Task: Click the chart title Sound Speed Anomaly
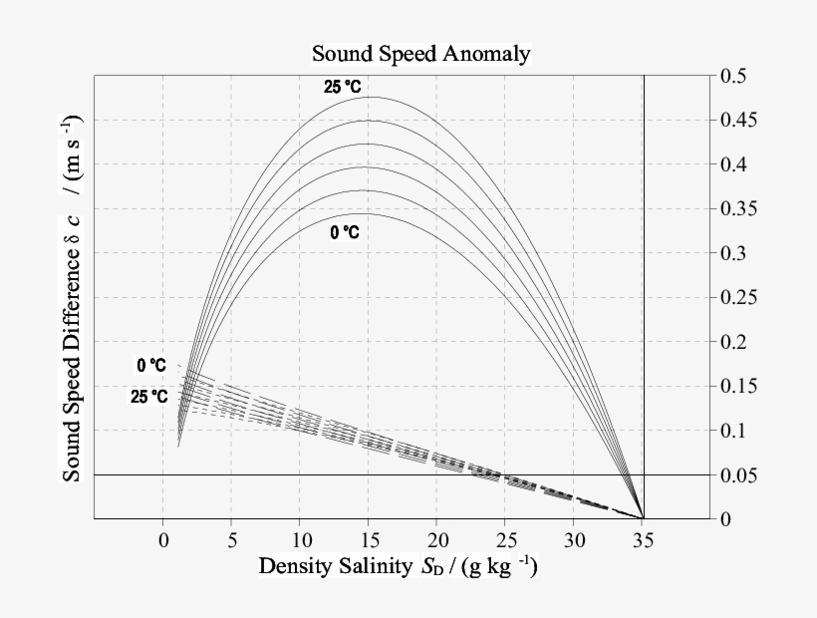(419, 53)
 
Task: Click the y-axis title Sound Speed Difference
(73, 298)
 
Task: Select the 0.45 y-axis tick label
(737, 121)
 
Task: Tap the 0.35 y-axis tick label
(737, 209)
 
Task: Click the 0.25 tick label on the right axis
(737, 298)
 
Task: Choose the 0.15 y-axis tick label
(737, 386)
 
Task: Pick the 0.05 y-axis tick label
(737, 474)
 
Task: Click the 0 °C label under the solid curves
(345, 232)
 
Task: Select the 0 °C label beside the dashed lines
(151, 366)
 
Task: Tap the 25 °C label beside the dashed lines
(148, 397)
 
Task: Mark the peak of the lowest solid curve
(369, 213)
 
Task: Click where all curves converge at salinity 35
(643, 518)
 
